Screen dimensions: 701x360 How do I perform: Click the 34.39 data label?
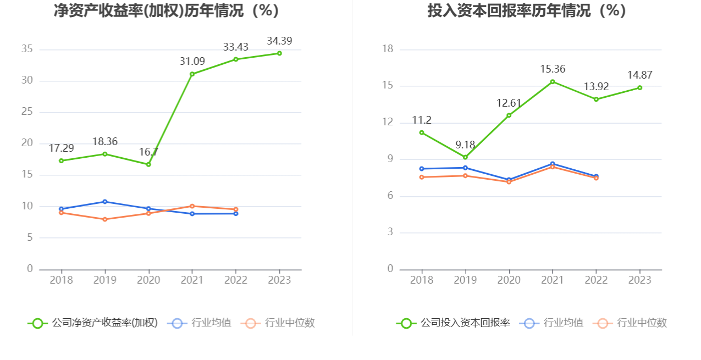coord(279,41)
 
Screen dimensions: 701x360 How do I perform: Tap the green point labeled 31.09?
coord(192,74)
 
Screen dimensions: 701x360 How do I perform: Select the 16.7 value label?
coord(148,152)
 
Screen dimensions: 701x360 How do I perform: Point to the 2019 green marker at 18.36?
coord(105,154)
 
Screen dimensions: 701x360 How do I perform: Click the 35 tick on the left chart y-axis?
coord(27,49)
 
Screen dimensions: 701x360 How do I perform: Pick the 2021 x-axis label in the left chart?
coord(192,280)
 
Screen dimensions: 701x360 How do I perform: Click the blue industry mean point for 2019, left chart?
coord(105,202)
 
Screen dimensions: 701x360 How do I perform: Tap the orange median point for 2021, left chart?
coord(192,206)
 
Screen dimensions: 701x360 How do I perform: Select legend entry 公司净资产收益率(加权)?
coord(92,323)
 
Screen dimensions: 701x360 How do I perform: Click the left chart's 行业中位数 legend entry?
coord(278,323)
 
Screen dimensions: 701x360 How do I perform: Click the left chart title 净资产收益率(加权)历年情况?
coord(166,10)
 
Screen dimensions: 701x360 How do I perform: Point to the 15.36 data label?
coord(553,69)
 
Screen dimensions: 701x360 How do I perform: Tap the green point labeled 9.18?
coord(465,157)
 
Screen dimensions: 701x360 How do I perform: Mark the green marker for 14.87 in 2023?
coord(639,88)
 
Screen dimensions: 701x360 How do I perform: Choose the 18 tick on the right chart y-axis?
coord(388,49)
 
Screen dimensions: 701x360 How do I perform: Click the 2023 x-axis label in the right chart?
coord(639,280)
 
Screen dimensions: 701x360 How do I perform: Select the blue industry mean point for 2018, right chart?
coord(422,169)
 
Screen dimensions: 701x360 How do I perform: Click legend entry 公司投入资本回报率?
coord(453,323)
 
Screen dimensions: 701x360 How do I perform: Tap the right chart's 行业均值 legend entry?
coord(551,323)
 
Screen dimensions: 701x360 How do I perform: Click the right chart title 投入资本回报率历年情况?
coord(527,10)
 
